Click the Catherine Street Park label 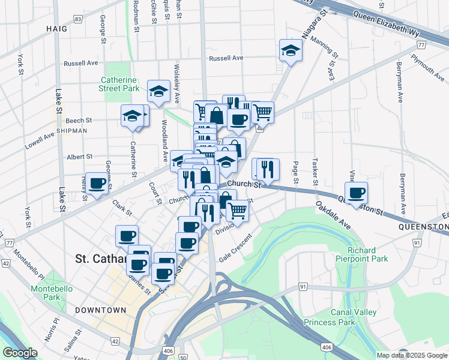click(x=119, y=83)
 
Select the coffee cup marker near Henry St click(x=97, y=183)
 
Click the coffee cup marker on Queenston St click(x=356, y=193)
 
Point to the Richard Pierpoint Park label click(x=362, y=254)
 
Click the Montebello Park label click(x=52, y=293)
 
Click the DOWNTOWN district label click(x=101, y=310)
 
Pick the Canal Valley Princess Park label click(x=354, y=317)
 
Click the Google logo click(x=20, y=353)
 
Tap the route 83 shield click(x=79, y=19)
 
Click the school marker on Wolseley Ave click(x=159, y=91)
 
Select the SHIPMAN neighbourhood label click(x=72, y=130)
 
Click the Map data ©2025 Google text click(x=411, y=355)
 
